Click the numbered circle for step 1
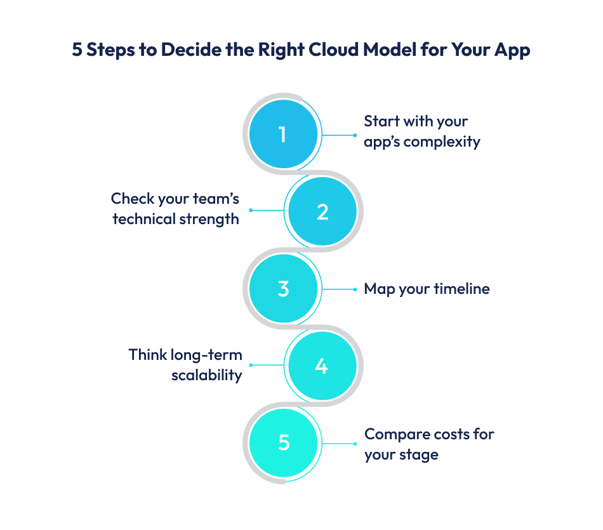[x=282, y=135]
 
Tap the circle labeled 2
[x=322, y=211]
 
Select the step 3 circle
[x=283, y=289]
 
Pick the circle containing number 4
[x=322, y=366]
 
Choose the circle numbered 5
[x=283, y=442]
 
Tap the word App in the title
[x=512, y=50]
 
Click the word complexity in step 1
[x=442, y=142]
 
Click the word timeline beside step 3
[x=461, y=289]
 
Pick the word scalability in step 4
[x=207, y=374]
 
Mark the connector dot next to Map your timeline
[x=355, y=289]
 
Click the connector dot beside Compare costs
[x=355, y=443]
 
